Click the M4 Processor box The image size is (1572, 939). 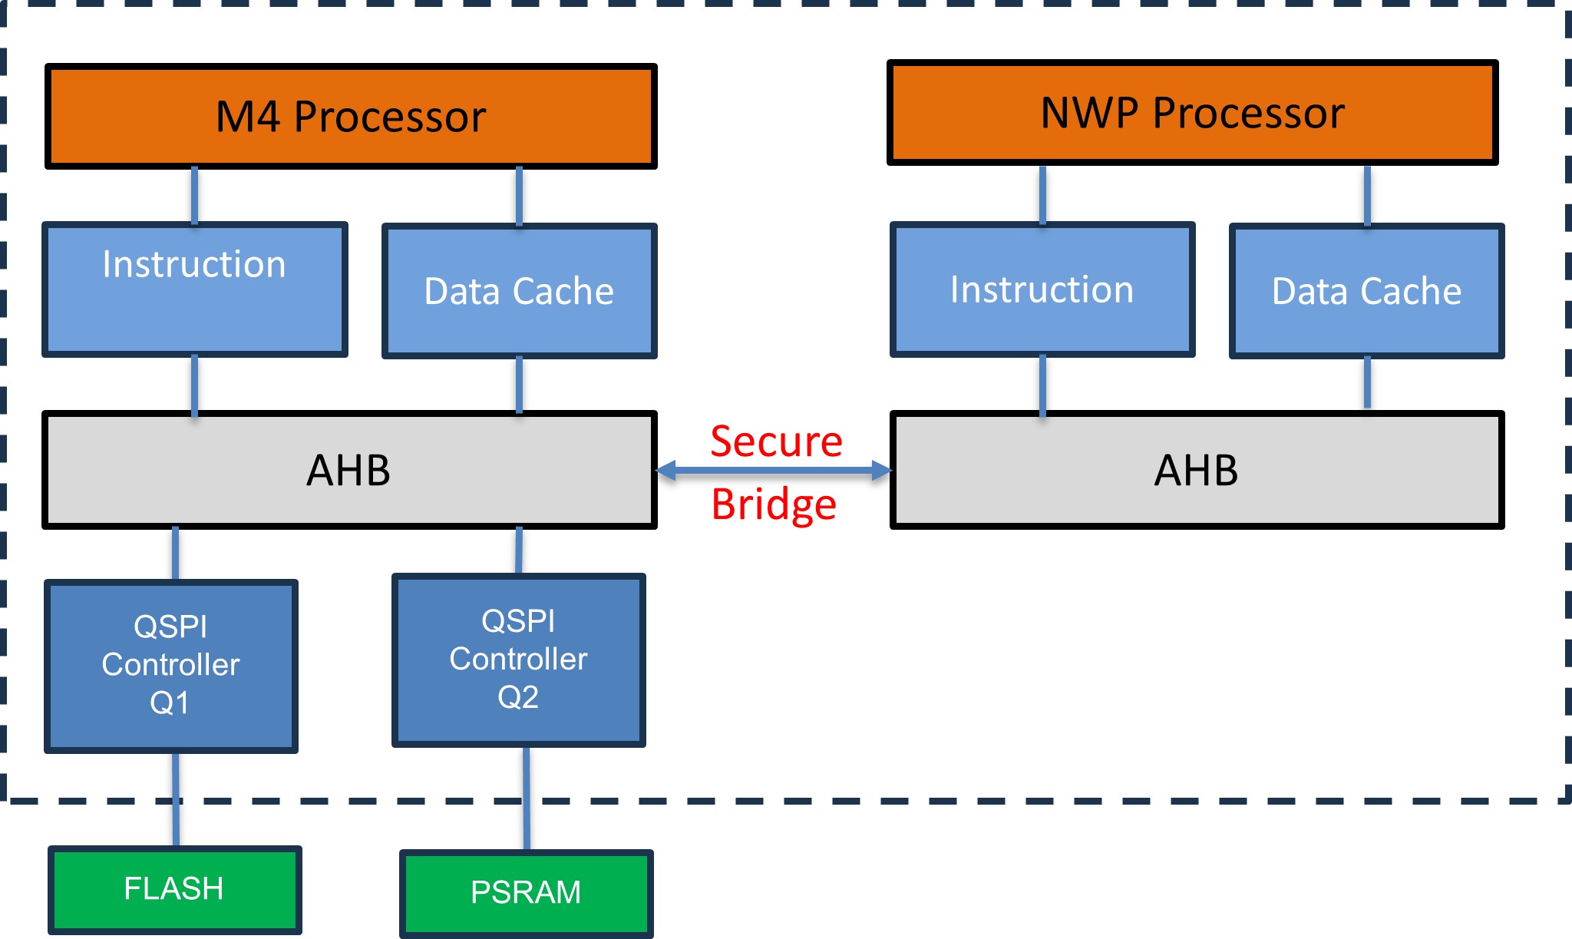coord(351,116)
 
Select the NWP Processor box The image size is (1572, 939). coord(1192,113)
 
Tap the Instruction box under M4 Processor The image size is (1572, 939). coord(194,289)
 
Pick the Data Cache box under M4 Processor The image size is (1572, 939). coord(519,291)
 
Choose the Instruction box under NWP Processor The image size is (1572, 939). coord(1042,289)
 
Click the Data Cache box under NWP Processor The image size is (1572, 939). coord(1366,291)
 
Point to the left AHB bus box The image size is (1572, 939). coord(349,470)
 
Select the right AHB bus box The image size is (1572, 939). coord(1196,470)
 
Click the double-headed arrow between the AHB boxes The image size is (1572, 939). coord(774,471)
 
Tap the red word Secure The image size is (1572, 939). coord(776,441)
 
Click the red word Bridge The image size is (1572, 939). coord(774,504)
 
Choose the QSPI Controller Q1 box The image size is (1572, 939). coord(170,666)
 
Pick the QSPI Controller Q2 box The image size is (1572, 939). coord(518,660)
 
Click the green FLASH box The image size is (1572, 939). coord(174,889)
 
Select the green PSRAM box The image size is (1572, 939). coord(526,893)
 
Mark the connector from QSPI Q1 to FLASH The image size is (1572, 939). coord(176,798)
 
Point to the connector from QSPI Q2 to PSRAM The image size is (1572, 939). coord(527,798)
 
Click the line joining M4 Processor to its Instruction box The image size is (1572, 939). coord(194,195)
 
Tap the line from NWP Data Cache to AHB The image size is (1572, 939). coord(1367,382)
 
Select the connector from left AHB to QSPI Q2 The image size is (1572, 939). coord(519,551)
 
